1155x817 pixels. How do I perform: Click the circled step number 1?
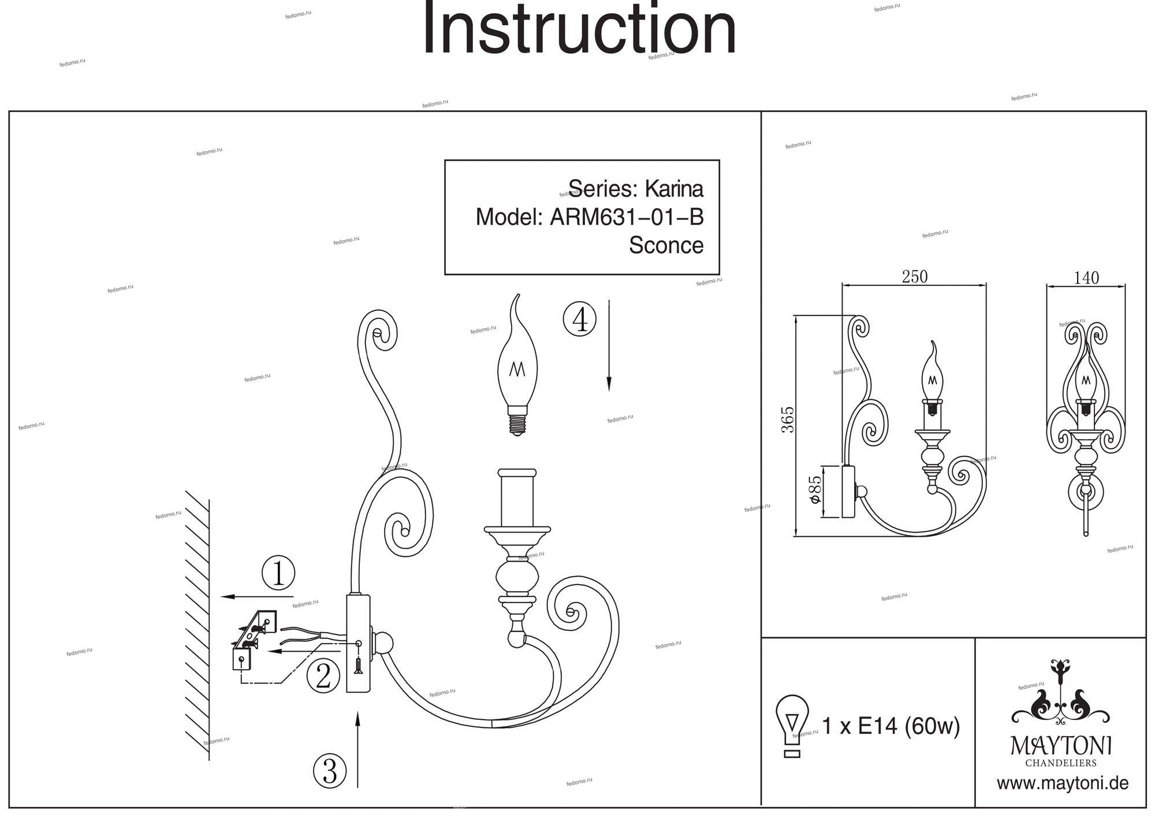coord(278,573)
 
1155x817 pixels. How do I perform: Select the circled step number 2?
coord(323,675)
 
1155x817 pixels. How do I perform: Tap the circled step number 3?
coord(330,771)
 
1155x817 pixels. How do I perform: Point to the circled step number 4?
coord(580,319)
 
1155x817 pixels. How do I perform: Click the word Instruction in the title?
coord(579,30)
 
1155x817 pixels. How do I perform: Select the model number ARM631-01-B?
coord(627,217)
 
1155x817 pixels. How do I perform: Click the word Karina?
coord(674,189)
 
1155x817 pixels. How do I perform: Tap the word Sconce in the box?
coord(666,245)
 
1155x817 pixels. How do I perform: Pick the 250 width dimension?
coord(915,277)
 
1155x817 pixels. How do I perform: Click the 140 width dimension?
coord(1086,278)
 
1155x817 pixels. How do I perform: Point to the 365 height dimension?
coord(788,419)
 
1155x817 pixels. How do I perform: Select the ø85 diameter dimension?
coord(814,489)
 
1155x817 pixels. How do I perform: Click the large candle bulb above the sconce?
coord(517,367)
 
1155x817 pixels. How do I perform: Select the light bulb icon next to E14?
coord(792,726)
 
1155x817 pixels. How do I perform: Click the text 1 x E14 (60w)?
coord(891,726)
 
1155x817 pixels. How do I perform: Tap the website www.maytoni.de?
coord(1063,783)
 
